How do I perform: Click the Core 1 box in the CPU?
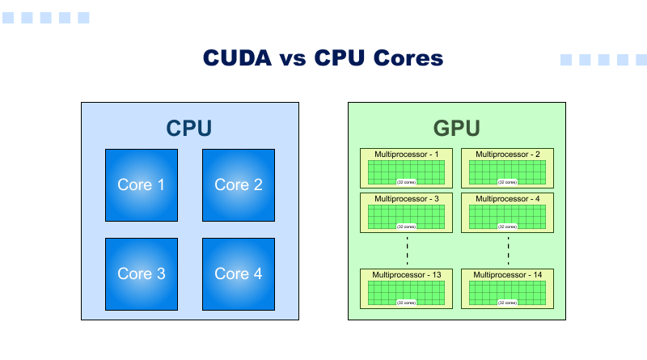click(142, 185)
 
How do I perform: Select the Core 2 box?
click(239, 185)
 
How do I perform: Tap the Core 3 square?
click(142, 274)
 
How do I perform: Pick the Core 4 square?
click(239, 274)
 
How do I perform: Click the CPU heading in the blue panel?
click(189, 129)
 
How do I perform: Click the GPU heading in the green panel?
click(457, 129)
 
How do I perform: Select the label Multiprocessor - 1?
click(407, 154)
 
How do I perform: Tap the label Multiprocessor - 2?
click(508, 154)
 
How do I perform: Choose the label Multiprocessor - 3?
click(407, 198)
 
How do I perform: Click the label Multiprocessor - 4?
click(508, 198)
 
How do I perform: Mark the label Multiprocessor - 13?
click(407, 275)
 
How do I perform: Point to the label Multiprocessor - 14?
click(508, 275)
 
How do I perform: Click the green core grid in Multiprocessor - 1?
click(407, 170)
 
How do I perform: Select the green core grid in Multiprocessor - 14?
click(508, 290)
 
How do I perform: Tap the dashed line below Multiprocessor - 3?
click(407, 251)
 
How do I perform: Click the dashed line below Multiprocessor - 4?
click(508, 251)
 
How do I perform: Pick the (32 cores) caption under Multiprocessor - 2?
click(508, 183)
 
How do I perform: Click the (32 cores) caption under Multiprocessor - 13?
click(407, 303)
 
